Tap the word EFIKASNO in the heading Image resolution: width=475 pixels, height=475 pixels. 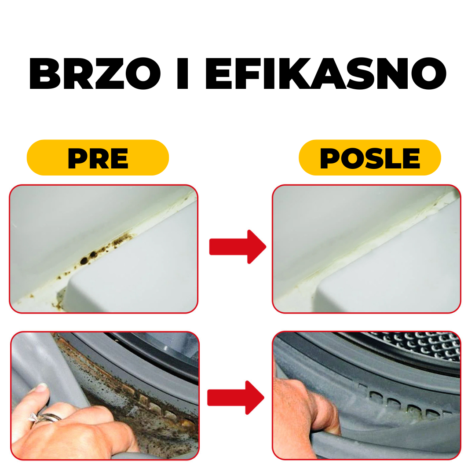point(326,73)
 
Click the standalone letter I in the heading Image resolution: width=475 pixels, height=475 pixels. point(183,73)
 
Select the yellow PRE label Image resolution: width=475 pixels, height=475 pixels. point(98,157)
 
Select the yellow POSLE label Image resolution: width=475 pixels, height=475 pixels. point(369,157)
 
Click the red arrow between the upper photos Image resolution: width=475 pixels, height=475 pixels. point(237,247)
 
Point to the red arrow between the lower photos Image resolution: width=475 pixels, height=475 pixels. point(236,397)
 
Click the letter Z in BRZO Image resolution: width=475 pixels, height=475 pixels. point(110,73)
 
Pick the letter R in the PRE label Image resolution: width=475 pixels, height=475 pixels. point(98,158)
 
